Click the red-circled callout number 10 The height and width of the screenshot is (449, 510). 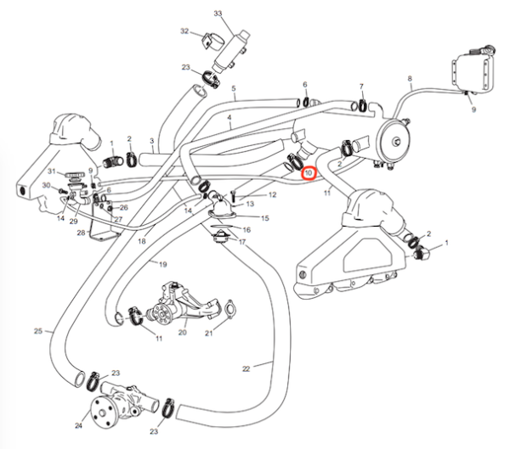[309, 174]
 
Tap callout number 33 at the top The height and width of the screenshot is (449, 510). [218, 14]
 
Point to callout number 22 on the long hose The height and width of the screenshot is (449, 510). [246, 368]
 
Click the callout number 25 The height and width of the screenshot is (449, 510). [37, 330]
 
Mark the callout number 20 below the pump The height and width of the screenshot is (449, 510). [182, 334]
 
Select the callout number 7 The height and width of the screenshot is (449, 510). [361, 87]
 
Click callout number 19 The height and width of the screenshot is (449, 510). [161, 264]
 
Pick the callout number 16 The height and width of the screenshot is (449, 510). [246, 230]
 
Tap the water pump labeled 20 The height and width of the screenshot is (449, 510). [173, 306]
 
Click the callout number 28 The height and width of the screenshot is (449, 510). [81, 232]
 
